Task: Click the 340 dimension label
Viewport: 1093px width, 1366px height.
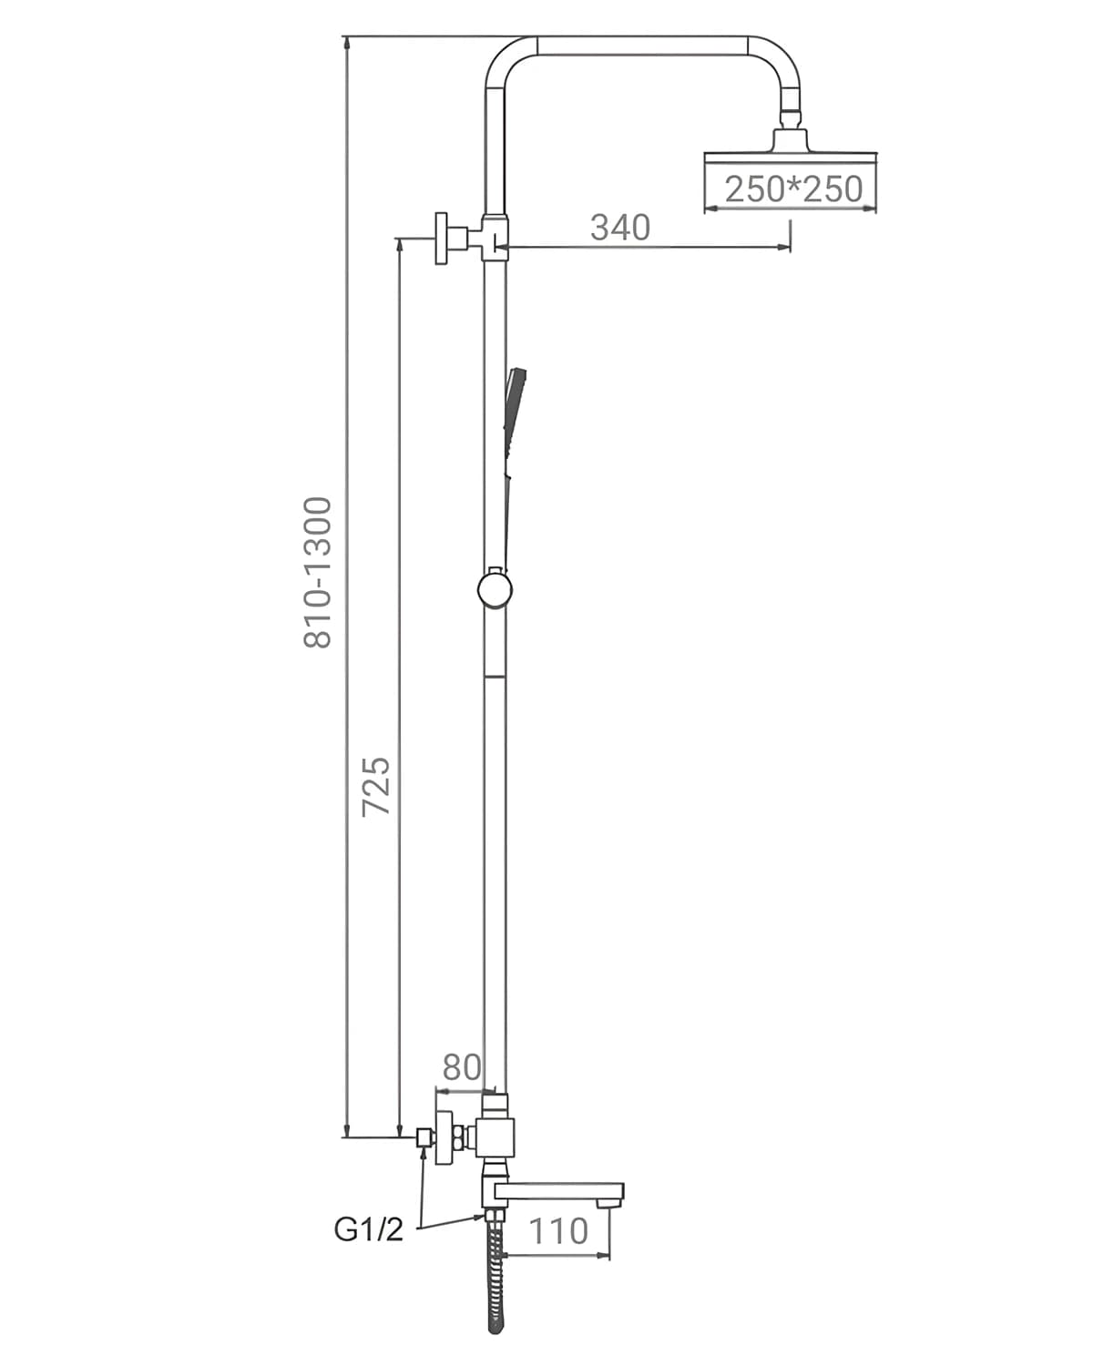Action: click(x=620, y=228)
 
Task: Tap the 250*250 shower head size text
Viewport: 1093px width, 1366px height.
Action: click(x=793, y=189)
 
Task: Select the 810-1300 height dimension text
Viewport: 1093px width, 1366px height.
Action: click(x=318, y=572)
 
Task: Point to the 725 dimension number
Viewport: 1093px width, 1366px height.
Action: click(x=375, y=786)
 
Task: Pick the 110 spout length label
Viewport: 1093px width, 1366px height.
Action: click(x=559, y=1231)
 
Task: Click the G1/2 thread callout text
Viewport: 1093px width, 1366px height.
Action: click(x=368, y=1229)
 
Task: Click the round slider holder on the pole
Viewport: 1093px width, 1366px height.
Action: click(x=495, y=590)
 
